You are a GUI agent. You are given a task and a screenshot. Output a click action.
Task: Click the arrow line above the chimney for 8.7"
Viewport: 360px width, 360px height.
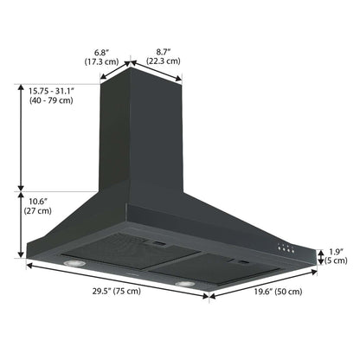tap(158, 70)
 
